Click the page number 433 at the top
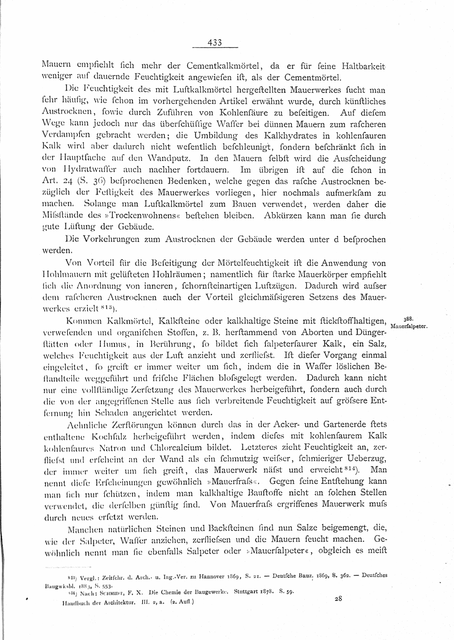tap(215, 43)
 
